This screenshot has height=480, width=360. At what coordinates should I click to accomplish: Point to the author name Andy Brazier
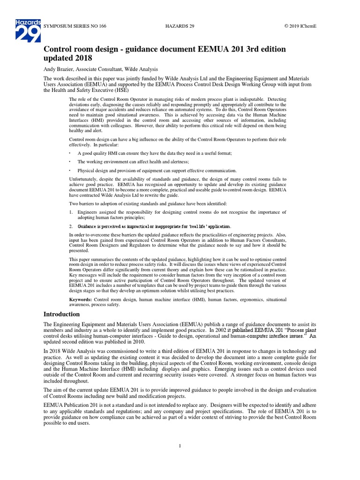click(x=61, y=69)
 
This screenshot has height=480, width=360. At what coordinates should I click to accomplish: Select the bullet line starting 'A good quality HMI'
click(x=155, y=153)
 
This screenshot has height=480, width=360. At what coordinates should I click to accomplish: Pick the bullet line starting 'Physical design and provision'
click(x=157, y=170)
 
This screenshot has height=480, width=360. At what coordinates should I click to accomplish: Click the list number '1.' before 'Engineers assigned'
click(x=71, y=212)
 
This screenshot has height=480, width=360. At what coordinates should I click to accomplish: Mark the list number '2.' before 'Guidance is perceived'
click(x=71, y=226)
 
